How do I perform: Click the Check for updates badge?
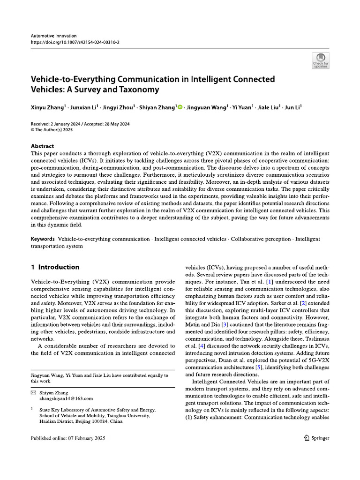tap(321, 60)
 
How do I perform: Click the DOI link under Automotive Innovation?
tap(75, 41)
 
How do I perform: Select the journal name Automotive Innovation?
tap(53, 35)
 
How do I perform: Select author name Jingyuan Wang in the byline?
tap(206, 108)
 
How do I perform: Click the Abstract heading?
tap(42, 146)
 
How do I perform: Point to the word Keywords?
tap(43, 239)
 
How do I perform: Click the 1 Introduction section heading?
tap(55, 267)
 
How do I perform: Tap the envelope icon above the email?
tap(33, 392)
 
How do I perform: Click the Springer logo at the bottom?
tap(316, 438)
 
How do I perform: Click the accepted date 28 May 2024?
tap(112, 124)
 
